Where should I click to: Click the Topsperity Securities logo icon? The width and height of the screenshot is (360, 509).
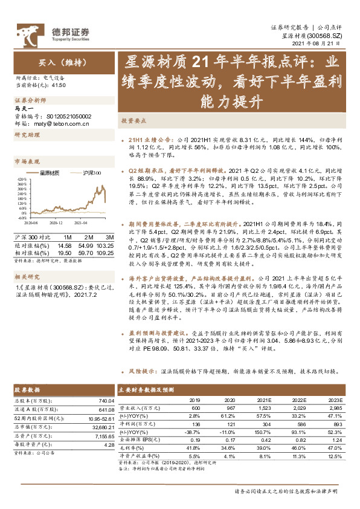[28, 31]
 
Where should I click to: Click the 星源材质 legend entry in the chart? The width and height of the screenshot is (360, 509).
[53, 173]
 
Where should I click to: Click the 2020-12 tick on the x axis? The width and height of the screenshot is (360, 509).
[55, 222]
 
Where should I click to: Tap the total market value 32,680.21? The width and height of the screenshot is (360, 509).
[100, 426]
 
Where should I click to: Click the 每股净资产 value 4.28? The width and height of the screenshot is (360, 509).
[109, 444]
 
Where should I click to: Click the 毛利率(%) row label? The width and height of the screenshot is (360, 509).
[131, 447]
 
